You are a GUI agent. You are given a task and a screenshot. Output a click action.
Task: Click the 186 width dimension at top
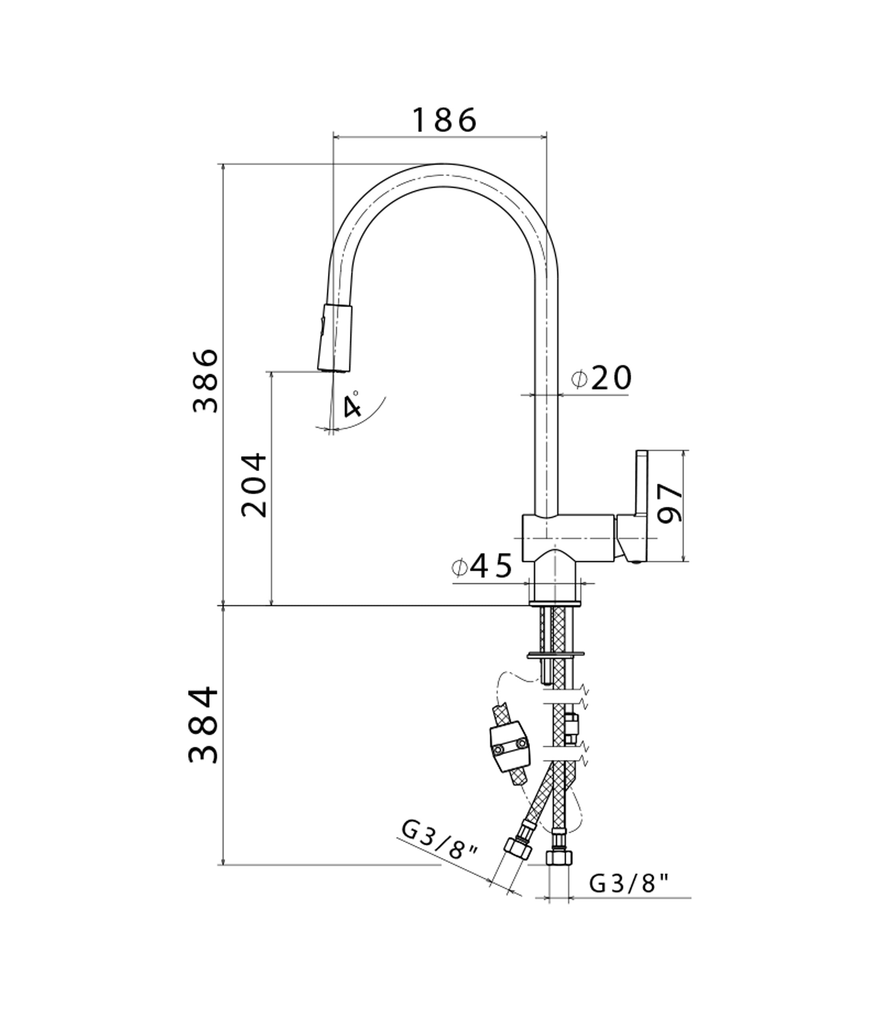(444, 121)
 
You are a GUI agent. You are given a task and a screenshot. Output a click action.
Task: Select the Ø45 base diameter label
(482, 567)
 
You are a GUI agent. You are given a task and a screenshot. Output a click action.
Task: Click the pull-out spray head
(334, 337)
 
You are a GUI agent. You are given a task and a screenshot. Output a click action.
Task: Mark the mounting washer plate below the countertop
(556, 655)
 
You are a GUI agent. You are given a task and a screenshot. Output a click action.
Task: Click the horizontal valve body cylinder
(568, 538)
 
